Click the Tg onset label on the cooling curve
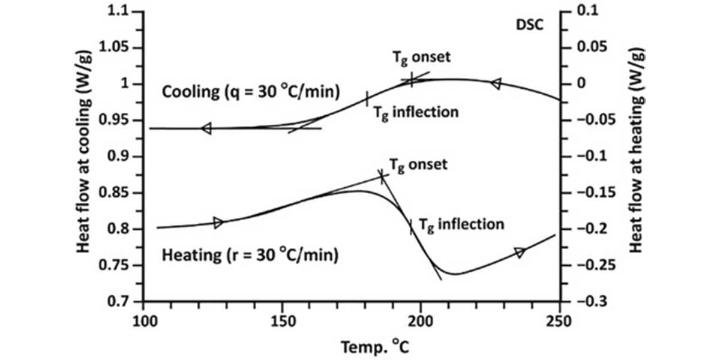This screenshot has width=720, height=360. [421, 58]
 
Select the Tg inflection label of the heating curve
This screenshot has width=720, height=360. [460, 225]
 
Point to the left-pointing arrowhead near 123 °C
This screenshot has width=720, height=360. [206, 128]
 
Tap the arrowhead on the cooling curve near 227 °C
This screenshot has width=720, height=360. [496, 84]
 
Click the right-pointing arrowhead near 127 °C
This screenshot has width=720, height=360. [218, 223]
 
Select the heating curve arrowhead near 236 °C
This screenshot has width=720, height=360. [520, 253]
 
